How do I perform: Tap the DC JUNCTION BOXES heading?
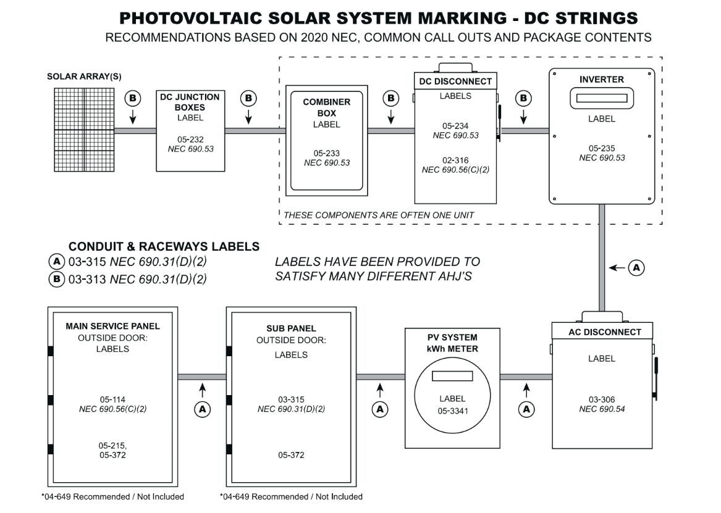189,102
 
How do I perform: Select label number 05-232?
190,140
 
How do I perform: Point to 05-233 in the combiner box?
326,153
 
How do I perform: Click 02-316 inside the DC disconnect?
455,159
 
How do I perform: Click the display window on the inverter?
601,98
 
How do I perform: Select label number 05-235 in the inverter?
601,148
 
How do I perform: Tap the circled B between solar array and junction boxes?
132,98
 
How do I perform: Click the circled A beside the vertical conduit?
636,267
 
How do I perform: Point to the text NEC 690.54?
601,409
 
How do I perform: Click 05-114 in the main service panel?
112,399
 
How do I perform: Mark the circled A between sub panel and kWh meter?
380,409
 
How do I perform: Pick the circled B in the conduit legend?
56,279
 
